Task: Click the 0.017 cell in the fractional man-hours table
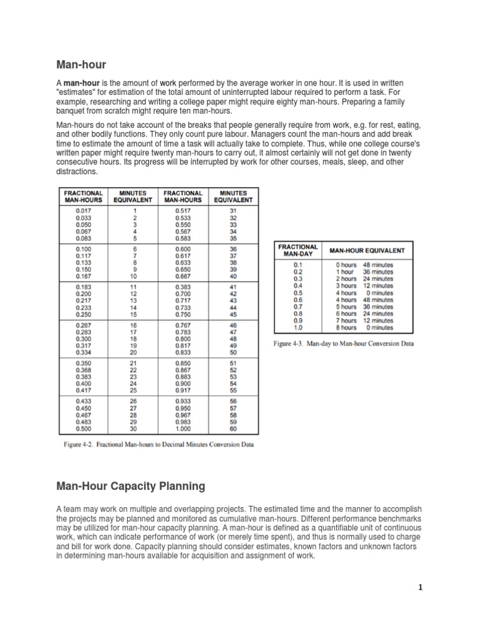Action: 84,212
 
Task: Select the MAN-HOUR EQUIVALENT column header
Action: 367,251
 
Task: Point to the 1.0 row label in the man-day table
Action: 297,328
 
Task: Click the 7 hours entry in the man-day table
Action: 347,321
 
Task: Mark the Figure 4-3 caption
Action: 344,344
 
